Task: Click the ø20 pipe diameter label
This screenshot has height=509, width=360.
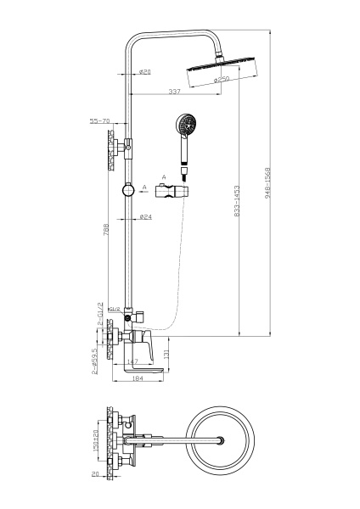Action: point(146,72)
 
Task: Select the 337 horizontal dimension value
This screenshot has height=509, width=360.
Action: point(174,91)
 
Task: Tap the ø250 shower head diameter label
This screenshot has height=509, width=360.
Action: point(222,79)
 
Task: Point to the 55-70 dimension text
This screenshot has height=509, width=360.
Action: point(100,122)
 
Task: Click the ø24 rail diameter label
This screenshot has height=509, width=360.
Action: point(146,217)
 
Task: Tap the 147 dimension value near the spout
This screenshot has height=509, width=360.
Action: point(132,361)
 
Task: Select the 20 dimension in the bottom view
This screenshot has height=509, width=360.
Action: point(98,475)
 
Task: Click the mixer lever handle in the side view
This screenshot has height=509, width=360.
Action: point(141,343)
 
